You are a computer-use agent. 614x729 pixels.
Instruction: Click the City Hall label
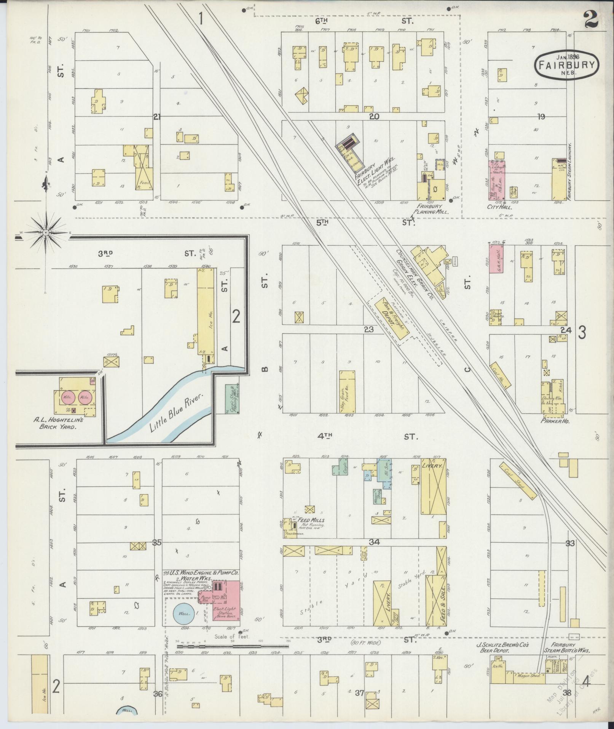[x=499, y=208]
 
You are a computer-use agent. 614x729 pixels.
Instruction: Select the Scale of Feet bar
[x=232, y=646]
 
